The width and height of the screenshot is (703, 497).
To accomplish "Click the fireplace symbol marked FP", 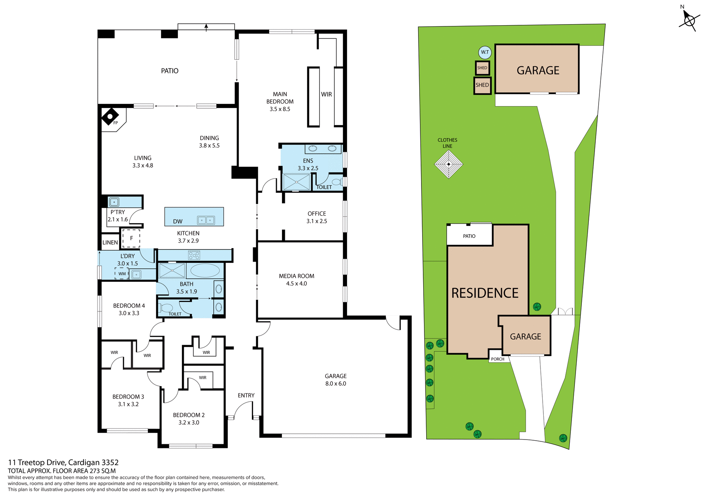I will (110, 117).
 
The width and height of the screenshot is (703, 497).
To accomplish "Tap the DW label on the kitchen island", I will (178, 221).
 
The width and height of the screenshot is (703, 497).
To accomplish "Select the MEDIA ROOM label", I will (296, 276).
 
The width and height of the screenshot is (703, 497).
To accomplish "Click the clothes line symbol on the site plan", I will (449, 164).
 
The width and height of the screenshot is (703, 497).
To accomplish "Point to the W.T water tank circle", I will (485, 52).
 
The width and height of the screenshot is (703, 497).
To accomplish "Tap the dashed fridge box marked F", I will (131, 238).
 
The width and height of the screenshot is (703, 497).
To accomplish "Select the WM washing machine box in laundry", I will (122, 273).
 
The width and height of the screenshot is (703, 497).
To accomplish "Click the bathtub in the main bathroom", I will (205, 271).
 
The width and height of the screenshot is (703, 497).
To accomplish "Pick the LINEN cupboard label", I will (110, 243).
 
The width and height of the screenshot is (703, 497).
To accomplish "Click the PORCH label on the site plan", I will (498, 359).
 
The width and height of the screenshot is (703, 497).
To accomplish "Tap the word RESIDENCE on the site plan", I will (485, 293).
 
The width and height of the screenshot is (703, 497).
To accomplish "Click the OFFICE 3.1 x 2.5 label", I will (317, 217).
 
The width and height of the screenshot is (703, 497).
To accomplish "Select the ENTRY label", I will (246, 395).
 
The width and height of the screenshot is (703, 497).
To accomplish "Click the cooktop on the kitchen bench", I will (194, 255).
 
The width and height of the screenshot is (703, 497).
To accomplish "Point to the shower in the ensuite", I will (297, 182).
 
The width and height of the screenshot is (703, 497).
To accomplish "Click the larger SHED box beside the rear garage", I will (482, 85).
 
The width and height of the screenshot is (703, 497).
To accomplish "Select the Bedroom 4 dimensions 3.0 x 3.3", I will (129, 313).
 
